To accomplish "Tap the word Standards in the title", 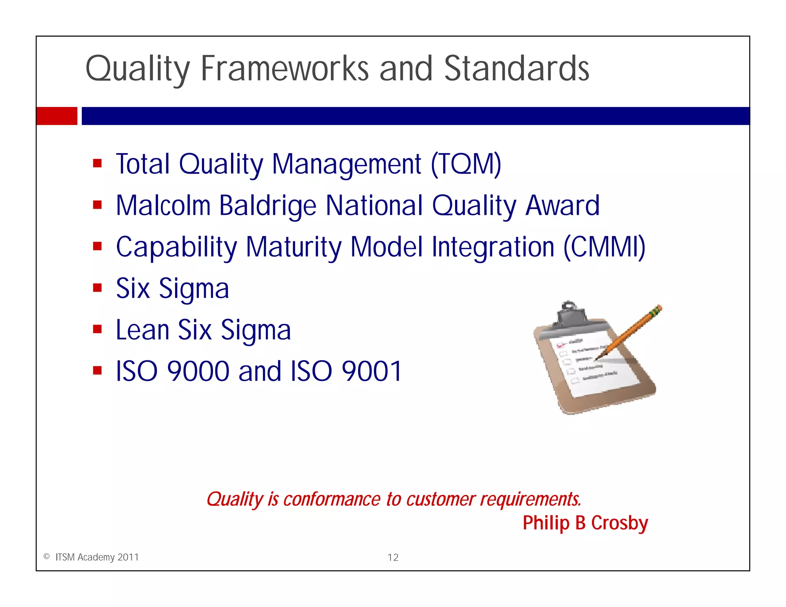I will point(516,69).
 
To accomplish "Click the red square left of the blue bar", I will point(56,116).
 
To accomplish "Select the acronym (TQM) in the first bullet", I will point(466,164).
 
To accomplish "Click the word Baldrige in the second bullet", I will point(268,206).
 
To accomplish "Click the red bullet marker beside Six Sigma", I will point(97,288).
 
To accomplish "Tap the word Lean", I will point(142,330).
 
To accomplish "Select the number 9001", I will point(372,371).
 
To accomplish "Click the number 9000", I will point(198,371).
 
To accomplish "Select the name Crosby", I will point(619,523).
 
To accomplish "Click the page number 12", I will point(393,557).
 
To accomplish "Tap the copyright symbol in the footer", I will point(46,557).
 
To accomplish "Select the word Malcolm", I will point(163,206).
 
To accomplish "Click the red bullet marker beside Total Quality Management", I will point(97,163).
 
